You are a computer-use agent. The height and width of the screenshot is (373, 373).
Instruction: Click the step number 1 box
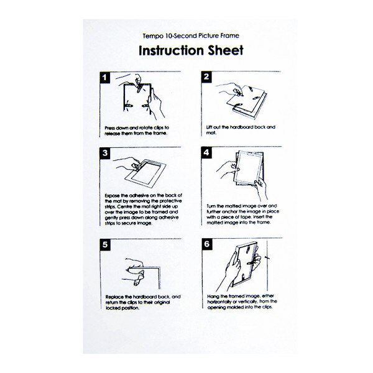point(105,78)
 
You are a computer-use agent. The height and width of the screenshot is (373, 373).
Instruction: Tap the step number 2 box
point(206,77)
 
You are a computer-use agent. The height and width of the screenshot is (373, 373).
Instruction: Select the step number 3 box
point(105,153)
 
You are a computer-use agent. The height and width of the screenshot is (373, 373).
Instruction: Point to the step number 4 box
point(206,152)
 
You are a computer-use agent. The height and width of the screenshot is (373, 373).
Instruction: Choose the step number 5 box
point(105,244)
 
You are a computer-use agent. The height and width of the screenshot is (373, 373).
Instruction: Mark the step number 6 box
point(207,244)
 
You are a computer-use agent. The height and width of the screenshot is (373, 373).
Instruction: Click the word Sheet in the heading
point(226,50)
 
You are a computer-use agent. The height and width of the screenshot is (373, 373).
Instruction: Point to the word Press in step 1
point(110,128)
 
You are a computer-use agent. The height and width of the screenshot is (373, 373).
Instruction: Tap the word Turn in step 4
point(211,206)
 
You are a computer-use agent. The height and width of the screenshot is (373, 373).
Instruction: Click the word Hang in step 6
point(213,297)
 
